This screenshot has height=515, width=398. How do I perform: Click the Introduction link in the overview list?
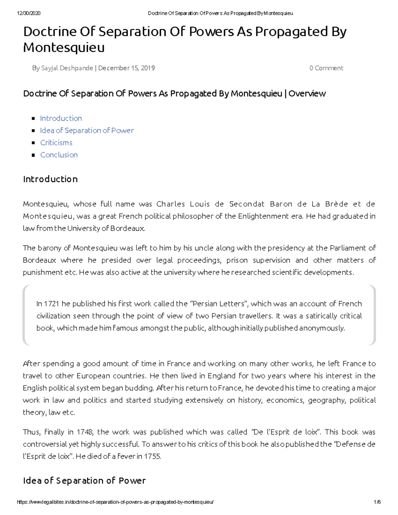point(61,118)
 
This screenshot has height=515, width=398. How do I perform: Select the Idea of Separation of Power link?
point(87,131)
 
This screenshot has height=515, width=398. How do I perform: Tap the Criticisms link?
point(56,143)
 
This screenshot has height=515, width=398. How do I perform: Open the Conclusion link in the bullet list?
point(59,155)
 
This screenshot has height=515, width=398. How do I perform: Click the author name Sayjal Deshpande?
point(67,68)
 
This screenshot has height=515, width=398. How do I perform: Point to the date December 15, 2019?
point(126,68)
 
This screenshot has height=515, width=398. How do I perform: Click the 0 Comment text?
point(326,68)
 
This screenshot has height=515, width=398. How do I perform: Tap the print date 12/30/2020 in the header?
point(29,13)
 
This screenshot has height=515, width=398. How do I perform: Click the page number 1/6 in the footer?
point(377,502)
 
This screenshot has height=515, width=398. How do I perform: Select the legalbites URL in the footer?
point(115,502)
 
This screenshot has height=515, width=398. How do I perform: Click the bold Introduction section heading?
point(50,179)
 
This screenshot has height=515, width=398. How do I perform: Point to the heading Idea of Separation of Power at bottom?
point(84,481)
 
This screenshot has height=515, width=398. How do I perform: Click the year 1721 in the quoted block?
point(52,304)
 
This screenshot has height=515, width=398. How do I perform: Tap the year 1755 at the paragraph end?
point(152,456)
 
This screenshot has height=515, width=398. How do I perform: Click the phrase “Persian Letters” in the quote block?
point(219,304)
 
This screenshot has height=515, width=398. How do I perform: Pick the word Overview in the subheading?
point(307,94)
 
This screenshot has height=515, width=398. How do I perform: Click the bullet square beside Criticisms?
point(33,143)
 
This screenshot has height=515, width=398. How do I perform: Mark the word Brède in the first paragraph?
point(336,204)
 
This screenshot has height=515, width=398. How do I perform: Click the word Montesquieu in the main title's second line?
point(64,48)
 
